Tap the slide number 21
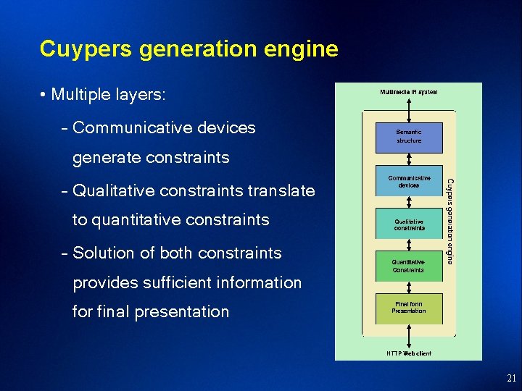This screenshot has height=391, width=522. coord(511,378)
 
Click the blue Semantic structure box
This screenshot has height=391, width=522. coord(409,137)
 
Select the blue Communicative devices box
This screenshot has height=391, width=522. coord(409,182)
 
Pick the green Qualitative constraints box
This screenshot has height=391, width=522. coord(409,224)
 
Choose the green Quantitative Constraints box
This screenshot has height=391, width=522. coord(409,266)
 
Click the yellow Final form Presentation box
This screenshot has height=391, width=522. coord(409,308)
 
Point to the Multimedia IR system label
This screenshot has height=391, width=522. coord(409,92)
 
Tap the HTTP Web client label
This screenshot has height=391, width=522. coord(409,353)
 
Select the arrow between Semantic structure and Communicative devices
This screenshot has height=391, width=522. coord(409,160)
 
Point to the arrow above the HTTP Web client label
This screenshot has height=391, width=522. coord(409,335)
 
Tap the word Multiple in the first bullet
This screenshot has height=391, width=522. coord(80,95)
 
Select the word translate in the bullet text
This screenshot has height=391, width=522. coord(281,191)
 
